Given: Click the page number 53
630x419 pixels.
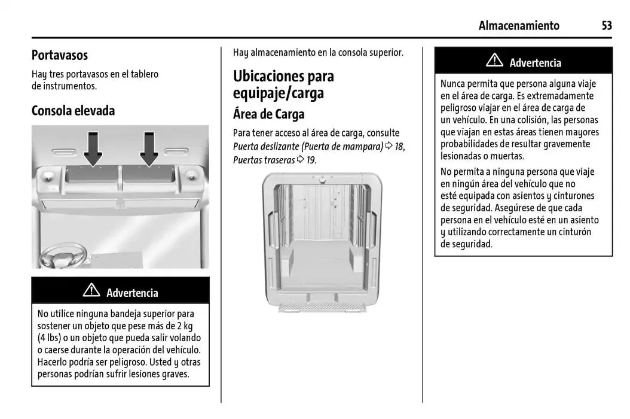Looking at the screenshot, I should pos(607,26).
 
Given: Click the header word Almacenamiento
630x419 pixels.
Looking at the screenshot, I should pos(519,26).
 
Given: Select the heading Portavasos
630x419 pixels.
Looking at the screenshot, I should pos(60,55).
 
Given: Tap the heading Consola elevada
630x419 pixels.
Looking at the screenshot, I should pos(73,111).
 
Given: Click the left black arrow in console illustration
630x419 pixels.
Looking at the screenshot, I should pos(93,148).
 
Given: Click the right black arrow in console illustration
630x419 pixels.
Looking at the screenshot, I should pos(149,148).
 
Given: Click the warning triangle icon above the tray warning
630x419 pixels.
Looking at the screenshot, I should pos(91,291).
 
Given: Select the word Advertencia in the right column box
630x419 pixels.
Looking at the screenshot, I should pos(535,63).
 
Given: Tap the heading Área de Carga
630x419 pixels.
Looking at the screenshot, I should pos(268,114).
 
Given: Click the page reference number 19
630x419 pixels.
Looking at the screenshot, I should pos(310,160).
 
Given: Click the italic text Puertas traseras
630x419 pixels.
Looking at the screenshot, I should pos(264,160).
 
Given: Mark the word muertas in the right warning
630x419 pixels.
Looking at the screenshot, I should pos(507,156).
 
